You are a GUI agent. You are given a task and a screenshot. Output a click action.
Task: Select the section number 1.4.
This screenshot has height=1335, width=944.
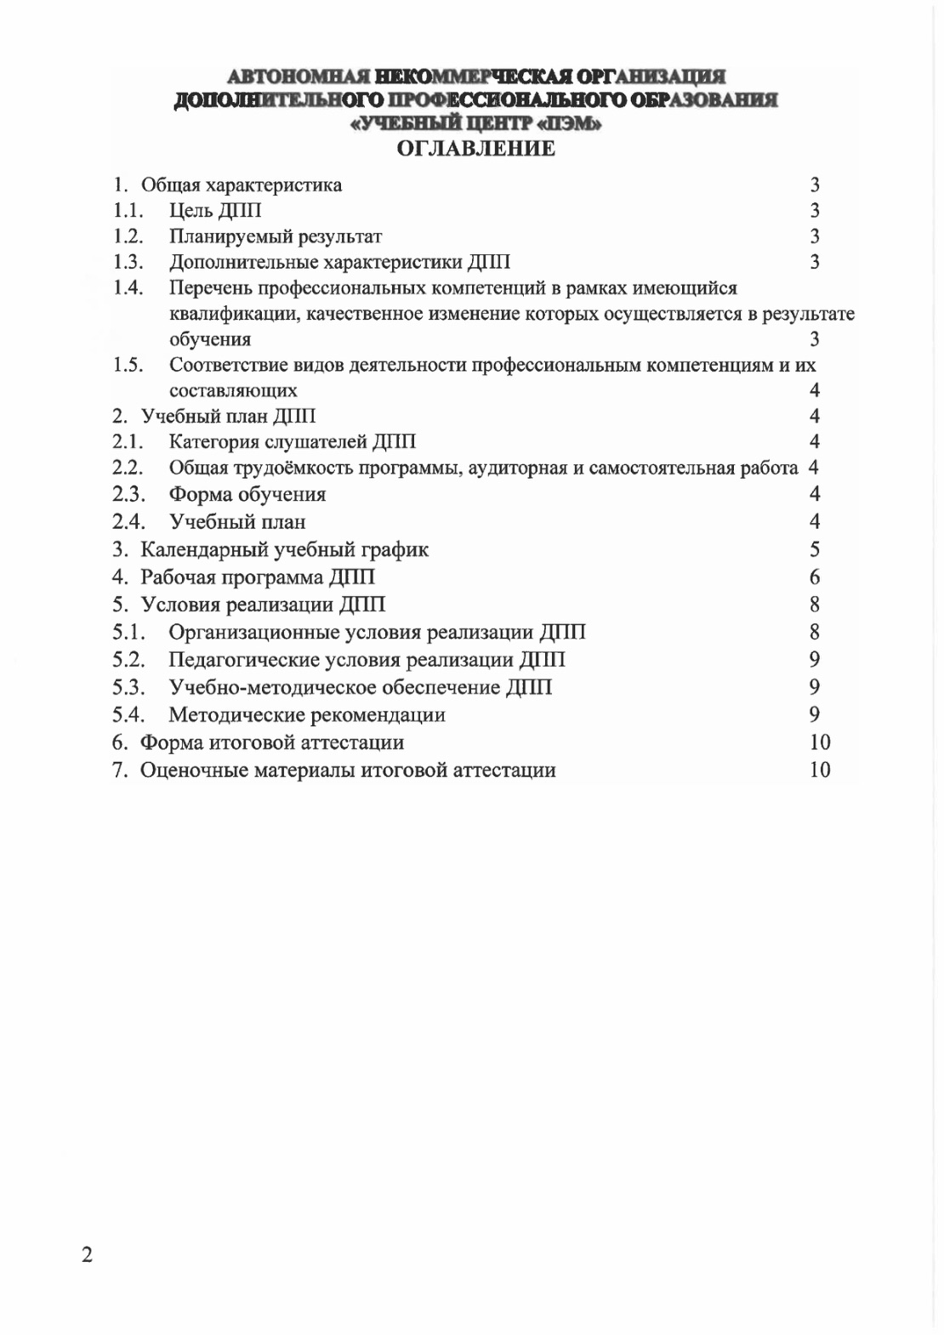[128, 287]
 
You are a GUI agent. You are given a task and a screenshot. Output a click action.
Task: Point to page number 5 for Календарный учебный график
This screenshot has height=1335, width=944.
[815, 549]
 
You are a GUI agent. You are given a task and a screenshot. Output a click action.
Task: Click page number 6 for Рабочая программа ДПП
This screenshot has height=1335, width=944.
[815, 577]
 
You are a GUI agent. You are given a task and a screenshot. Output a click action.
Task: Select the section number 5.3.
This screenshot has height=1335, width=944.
[128, 687]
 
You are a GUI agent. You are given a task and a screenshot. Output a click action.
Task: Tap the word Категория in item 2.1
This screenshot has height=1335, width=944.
[211, 441]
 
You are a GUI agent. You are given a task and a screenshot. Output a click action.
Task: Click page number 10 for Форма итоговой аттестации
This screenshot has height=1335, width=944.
[820, 742]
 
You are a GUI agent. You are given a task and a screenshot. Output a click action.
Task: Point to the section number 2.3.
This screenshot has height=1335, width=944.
[128, 494]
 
